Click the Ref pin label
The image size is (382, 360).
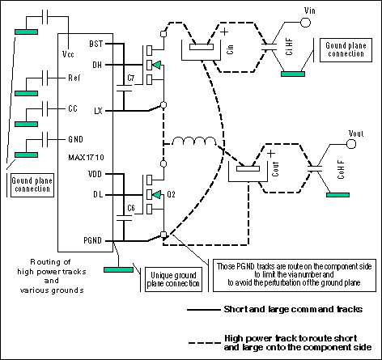point(74,78)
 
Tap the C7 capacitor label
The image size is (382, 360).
point(130,78)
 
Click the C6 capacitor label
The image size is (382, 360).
point(130,209)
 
